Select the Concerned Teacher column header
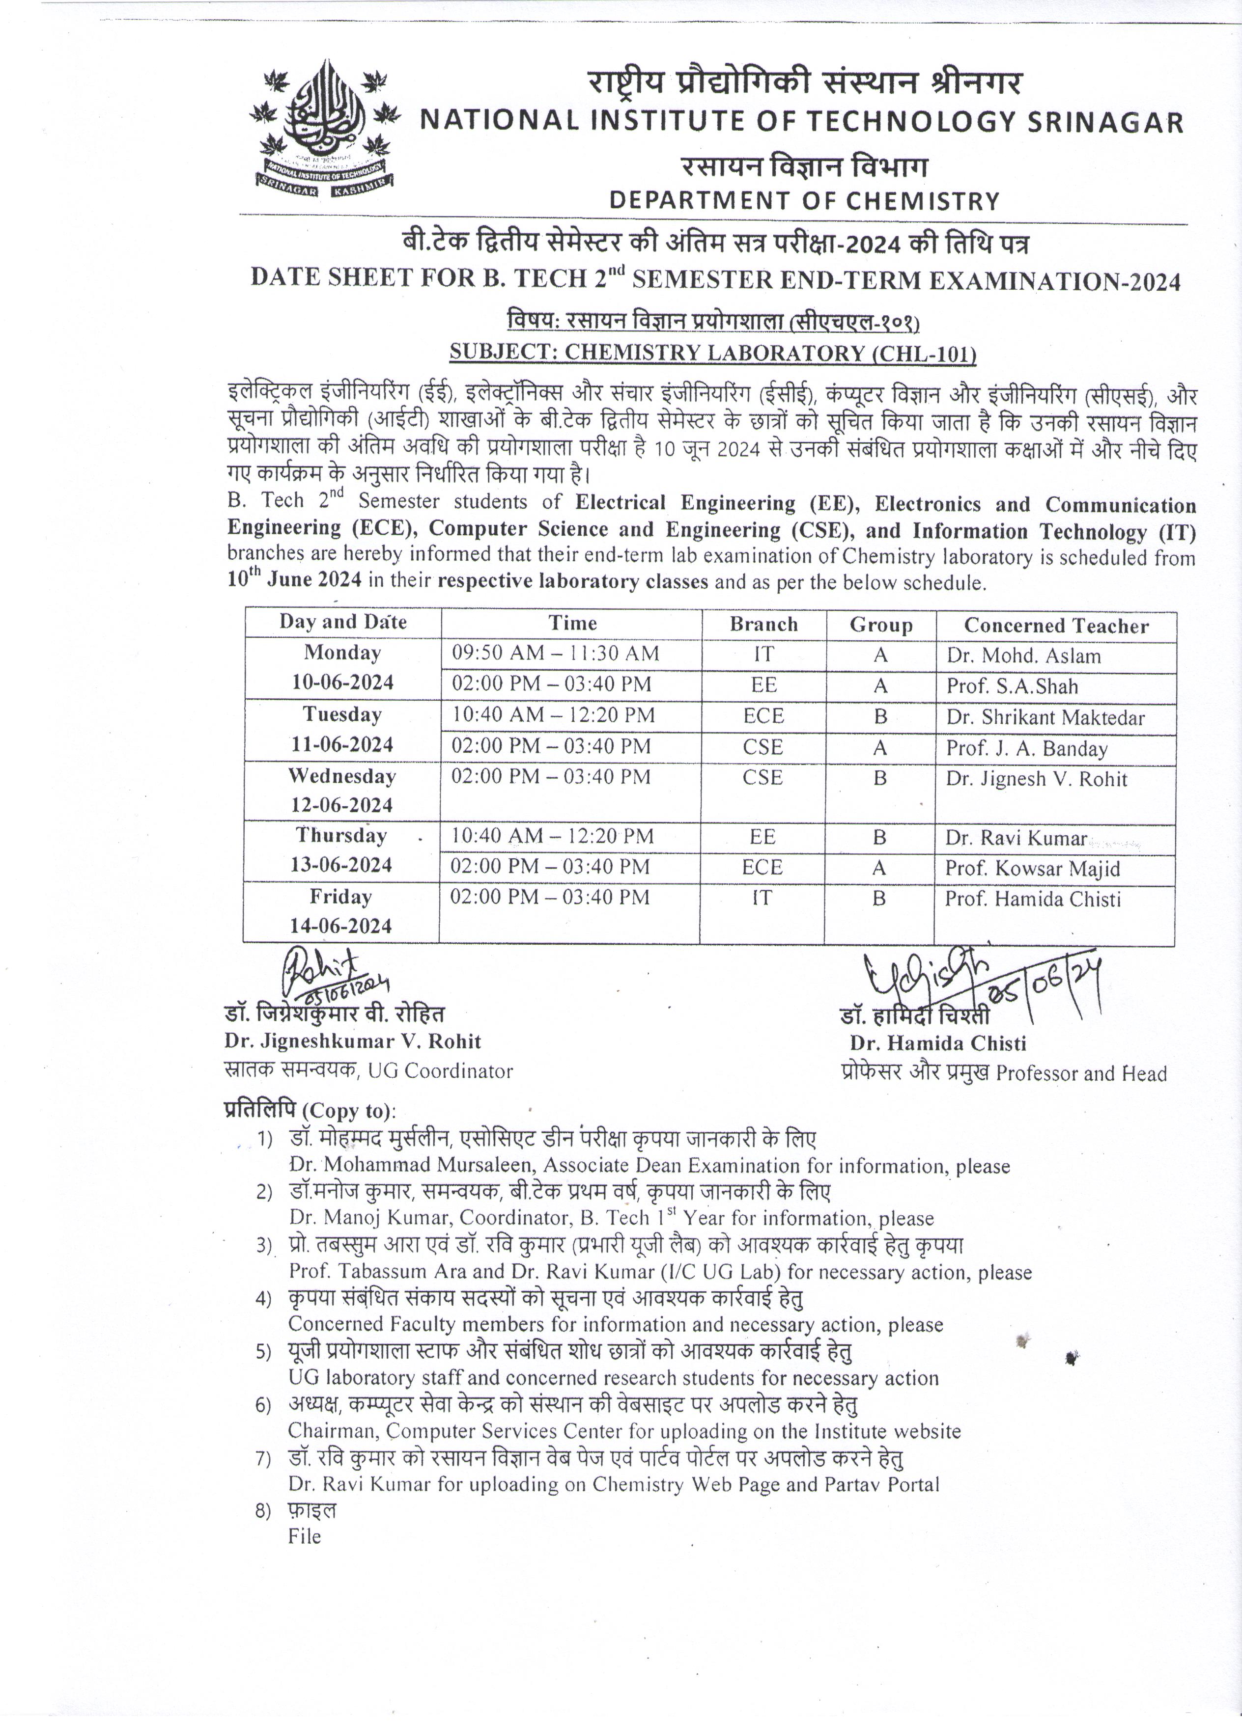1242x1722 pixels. [x=1055, y=626]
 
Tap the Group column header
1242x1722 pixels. [x=880, y=625]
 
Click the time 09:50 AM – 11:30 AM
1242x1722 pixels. [x=555, y=653]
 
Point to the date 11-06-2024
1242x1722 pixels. [x=342, y=744]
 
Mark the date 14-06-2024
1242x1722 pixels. [x=340, y=926]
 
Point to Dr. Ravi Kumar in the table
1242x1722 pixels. [x=1016, y=838]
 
